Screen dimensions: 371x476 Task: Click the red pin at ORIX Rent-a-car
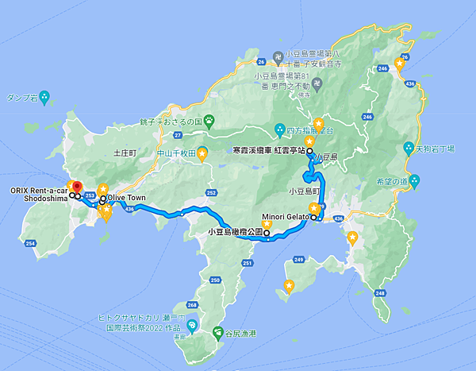(x=76, y=186)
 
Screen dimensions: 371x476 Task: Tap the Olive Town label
(x=128, y=195)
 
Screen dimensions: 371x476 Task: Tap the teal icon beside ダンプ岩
(x=44, y=96)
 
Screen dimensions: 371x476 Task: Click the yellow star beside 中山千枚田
(x=203, y=154)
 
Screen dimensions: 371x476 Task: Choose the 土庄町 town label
(x=126, y=150)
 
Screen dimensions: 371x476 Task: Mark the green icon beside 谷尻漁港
(x=218, y=332)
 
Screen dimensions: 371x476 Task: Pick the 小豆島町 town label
(x=303, y=191)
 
